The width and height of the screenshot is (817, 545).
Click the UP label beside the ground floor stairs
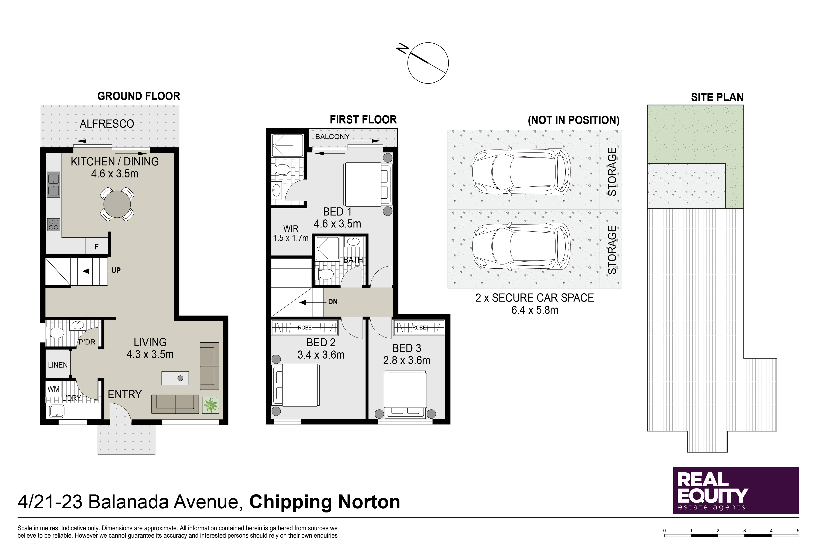(x=116, y=270)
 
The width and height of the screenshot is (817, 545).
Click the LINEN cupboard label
(x=58, y=365)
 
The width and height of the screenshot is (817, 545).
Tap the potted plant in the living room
(x=211, y=405)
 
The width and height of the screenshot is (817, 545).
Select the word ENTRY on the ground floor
(x=125, y=395)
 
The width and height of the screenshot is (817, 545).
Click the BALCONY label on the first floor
(x=333, y=137)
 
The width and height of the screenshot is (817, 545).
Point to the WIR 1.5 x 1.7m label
(x=291, y=233)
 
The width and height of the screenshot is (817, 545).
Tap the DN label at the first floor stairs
(x=333, y=302)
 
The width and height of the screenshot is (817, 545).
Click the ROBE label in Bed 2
(x=305, y=327)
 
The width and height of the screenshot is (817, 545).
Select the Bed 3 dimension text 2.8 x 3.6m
(x=407, y=360)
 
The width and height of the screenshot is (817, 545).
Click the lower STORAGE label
(x=612, y=250)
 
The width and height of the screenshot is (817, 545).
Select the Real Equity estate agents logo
(x=736, y=490)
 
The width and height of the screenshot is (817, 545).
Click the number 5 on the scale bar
(x=798, y=531)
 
